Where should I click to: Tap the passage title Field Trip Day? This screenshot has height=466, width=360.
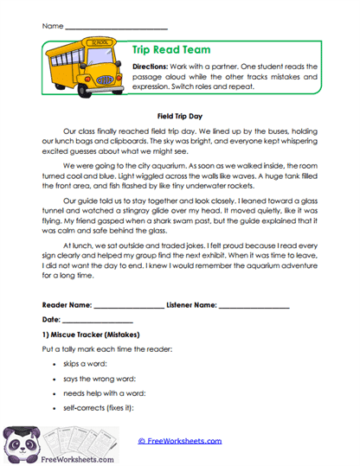pyautogui.click(x=179, y=113)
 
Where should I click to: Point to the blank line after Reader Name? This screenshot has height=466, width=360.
pyautogui.click(x=127, y=306)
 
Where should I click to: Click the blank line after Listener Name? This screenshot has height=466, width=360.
pyautogui.click(x=254, y=306)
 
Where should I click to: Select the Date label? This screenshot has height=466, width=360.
pyautogui.click(x=50, y=320)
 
